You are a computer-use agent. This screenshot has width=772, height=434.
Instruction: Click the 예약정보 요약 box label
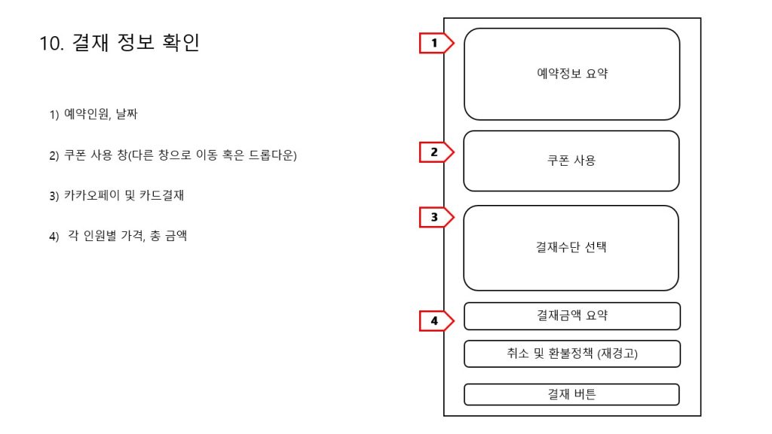[572, 74]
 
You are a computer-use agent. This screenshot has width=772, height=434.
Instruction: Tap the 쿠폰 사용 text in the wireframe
[571, 160]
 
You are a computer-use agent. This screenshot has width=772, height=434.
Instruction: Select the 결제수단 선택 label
[571, 247]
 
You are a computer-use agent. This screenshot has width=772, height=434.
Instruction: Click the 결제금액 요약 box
[572, 316]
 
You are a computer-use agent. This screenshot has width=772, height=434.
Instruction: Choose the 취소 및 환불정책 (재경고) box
[572, 354]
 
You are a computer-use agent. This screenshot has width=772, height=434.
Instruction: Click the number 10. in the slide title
[52, 43]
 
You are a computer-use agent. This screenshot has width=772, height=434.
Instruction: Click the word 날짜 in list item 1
[127, 115]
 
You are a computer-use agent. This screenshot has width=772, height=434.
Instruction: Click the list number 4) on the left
[54, 237]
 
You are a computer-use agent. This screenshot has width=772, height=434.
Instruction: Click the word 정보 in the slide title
[136, 42]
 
